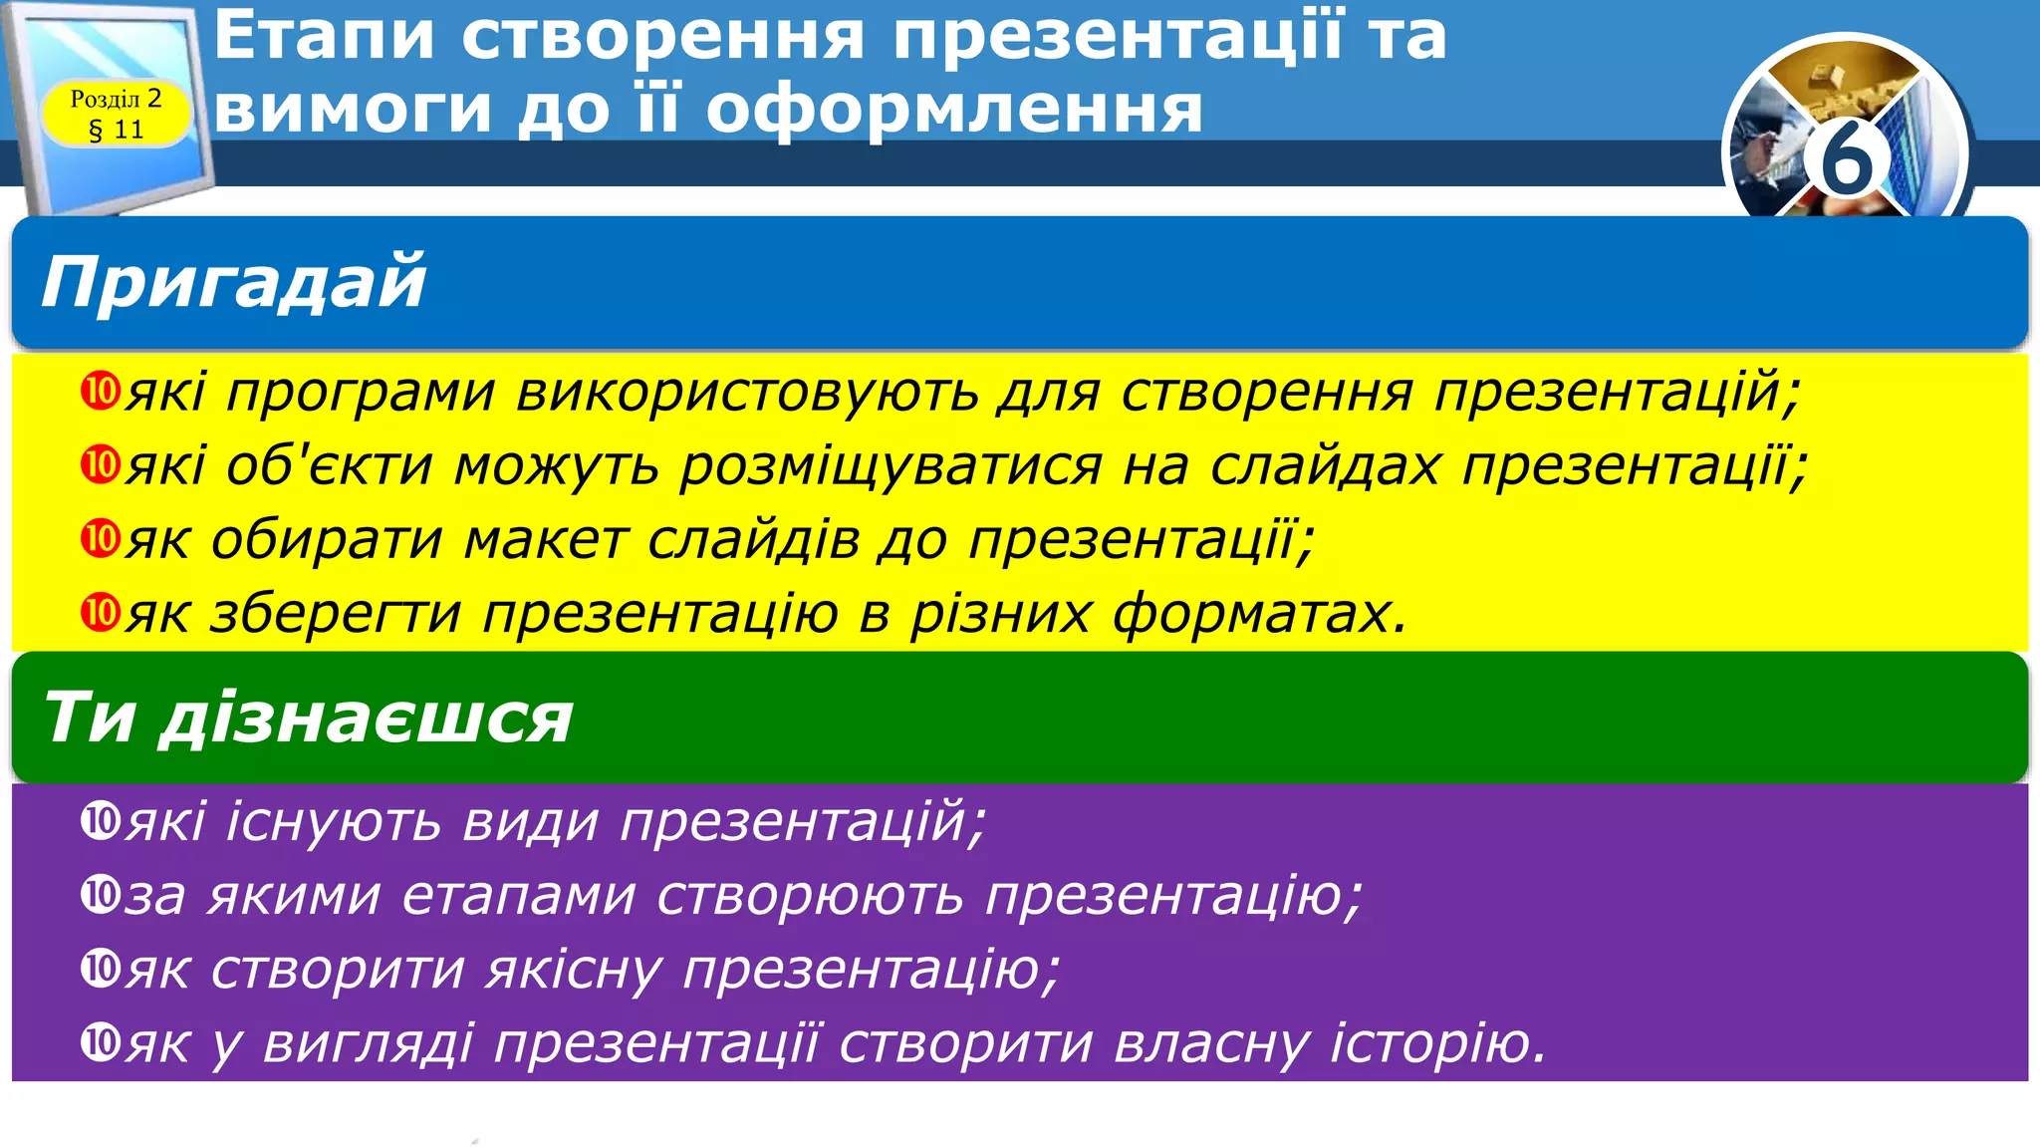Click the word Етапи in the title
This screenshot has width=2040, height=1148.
click(324, 36)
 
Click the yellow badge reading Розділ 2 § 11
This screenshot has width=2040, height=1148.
click(116, 114)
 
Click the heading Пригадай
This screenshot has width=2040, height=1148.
click(233, 282)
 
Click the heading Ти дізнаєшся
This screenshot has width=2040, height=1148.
click(307, 718)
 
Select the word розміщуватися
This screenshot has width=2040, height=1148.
click(891, 465)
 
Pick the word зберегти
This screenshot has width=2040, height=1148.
click(336, 613)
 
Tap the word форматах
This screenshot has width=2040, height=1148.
click(1259, 613)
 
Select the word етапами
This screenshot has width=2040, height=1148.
click(518, 895)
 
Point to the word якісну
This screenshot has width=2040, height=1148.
click(574, 969)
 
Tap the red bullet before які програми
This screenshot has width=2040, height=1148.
click(100, 391)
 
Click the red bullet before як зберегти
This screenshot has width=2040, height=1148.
click(100, 612)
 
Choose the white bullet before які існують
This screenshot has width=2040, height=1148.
click(100, 821)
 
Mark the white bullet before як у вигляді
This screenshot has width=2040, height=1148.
click(100, 1042)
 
